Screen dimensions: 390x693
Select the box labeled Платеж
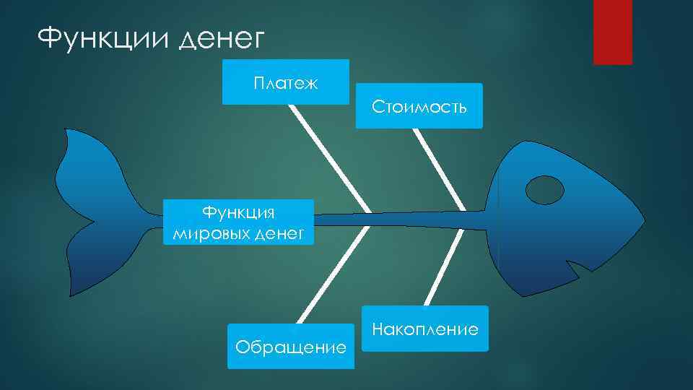pos(286,82)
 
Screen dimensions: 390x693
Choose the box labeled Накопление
pos(424,329)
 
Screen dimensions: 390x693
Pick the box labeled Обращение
pos(291,347)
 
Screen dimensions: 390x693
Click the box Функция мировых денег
pos(238,222)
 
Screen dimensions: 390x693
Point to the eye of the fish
pos(544,189)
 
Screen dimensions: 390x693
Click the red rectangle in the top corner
pos(612,32)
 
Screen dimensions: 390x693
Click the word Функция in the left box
pos(238,212)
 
